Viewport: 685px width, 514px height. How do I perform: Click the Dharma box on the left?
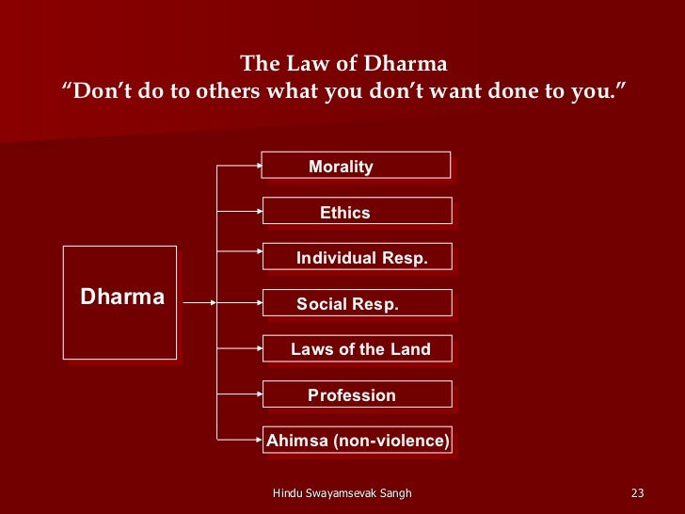(x=119, y=301)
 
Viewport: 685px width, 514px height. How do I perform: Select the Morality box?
(x=356, y=166)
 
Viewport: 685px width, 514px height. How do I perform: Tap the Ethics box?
(x=357, y=211)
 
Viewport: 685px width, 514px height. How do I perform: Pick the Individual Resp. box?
(x=357, y=257)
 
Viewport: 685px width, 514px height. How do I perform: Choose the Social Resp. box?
(x=357, y=303)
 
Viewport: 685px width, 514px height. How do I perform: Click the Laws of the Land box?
(x=357, y=348)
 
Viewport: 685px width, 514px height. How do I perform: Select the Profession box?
(x=357, y=394)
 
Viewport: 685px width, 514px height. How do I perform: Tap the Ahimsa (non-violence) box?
(x=358, y=440)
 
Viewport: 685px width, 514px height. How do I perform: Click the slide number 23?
(x=637, y=493)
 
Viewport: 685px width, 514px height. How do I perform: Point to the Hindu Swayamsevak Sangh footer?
(x=342, y=493)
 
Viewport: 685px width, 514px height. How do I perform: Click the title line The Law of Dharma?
(x=343, y=64)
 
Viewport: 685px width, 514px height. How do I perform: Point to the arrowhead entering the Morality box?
(x=258, y=166)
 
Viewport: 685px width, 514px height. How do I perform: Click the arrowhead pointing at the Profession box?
(x=258, y=394)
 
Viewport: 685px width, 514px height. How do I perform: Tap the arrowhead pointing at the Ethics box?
(x=258, y=211)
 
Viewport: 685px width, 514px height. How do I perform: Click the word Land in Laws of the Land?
(x=410, y=349)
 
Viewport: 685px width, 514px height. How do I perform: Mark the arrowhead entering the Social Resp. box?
(x=258, y=303)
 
